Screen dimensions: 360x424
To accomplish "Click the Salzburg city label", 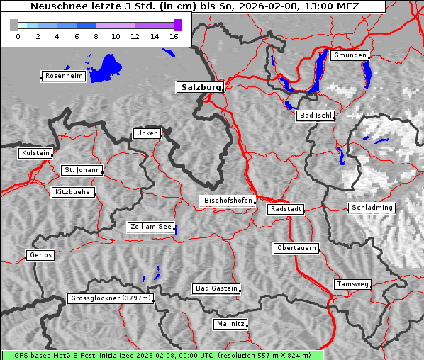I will [200, 87].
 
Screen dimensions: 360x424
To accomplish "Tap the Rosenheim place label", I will [63, 76].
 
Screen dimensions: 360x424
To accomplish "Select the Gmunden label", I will [350, 55].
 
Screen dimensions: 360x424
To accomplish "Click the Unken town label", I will [147, 133].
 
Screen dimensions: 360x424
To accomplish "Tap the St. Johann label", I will [82, 170].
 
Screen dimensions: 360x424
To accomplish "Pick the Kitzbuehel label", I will [73, 192].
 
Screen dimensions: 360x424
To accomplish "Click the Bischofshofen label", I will [228, 201].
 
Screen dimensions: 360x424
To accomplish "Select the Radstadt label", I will [286, 209].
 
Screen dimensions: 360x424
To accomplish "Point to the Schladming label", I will [371, 208].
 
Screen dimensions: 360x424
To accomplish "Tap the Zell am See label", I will [150, 227].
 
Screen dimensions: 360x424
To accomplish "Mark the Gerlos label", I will [40, 255].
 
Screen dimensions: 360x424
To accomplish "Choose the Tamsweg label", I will [352, 284].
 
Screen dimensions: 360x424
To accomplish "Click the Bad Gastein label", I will [216, 288].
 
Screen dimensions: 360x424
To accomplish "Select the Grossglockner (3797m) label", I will [111, 299].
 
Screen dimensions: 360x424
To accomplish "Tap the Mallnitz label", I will [230, 324].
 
